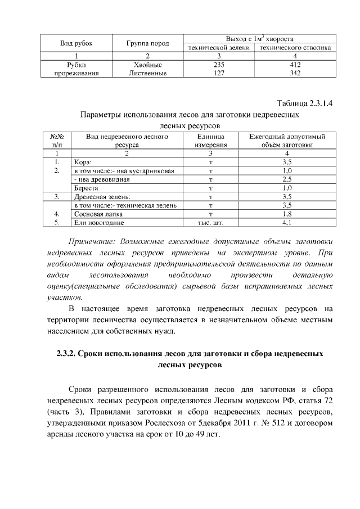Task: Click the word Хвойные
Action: point(147,65)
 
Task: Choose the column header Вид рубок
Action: point(76,43)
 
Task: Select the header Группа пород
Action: point(147,43)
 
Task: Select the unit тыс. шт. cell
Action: point(210,223)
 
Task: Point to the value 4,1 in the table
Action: point(287,223)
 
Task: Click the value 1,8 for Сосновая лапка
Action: point(287,214)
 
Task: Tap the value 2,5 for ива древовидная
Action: point(287,179)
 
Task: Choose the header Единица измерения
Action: point(211,140)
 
